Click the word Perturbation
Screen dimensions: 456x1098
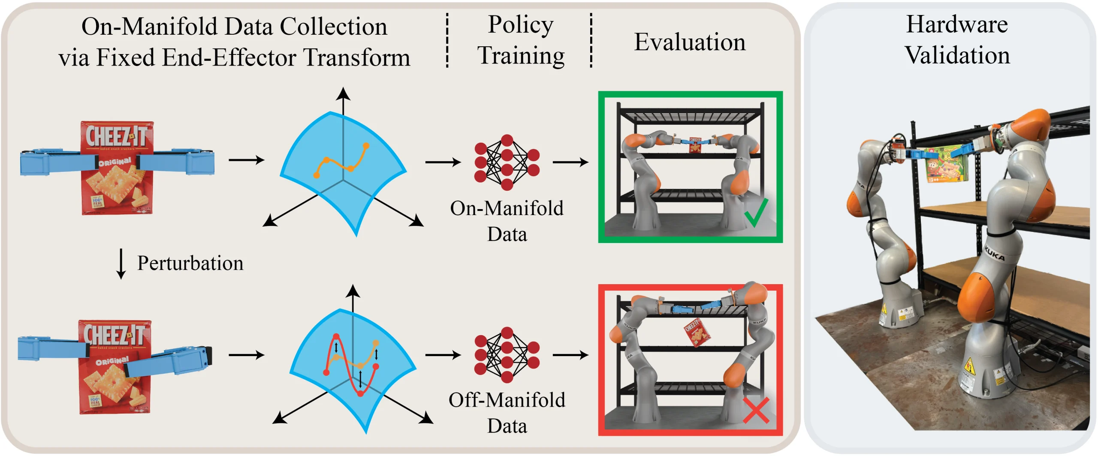pos(190,263)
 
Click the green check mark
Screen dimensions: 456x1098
pos(756,213)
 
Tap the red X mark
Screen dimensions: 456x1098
pos(756,410)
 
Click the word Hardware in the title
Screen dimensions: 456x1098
pos(956,24)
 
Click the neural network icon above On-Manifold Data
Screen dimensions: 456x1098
pos(507,162)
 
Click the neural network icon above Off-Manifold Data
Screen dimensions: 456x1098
pos(507,354)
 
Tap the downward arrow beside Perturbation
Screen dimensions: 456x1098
pos(121,264)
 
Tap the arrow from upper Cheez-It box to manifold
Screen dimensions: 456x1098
pos(246,160)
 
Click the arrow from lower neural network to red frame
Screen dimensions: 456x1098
pos(570,355)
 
